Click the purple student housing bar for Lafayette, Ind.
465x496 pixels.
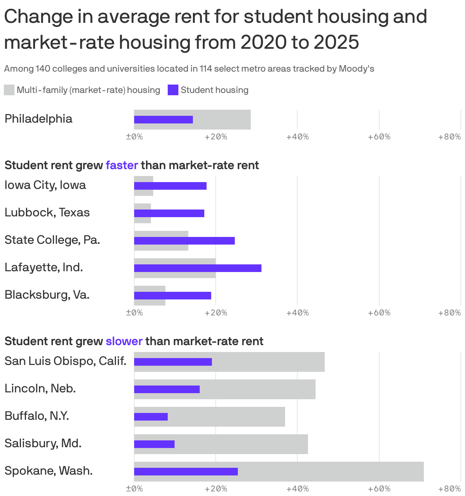[x=197, y=268]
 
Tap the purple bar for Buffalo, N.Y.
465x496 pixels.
[x=151, y=417]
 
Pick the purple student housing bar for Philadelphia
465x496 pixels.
[x=163, y=120]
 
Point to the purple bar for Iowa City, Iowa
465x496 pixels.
[x=170, y=186]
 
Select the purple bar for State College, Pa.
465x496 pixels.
[x=184, y=241]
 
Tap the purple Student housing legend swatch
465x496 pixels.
[x=173, y=90]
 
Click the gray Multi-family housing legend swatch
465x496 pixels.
[x=9, y=90]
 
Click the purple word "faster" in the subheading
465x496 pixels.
[x=122, y=165]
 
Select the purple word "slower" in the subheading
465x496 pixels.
[x=124, y=341]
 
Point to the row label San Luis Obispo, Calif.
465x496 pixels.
[x=65, y=361]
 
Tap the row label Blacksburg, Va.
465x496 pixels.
[x=47, y=295]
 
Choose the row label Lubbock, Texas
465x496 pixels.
[x=47, y=213]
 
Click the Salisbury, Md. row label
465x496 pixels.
[x=43, y=443]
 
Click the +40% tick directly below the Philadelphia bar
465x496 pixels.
[x=297, y=137]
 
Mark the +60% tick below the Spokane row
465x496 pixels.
[x=379, y=489]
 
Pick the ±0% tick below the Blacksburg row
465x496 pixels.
[x=134, y=313]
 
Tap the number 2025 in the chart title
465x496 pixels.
[x=336, y=42]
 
